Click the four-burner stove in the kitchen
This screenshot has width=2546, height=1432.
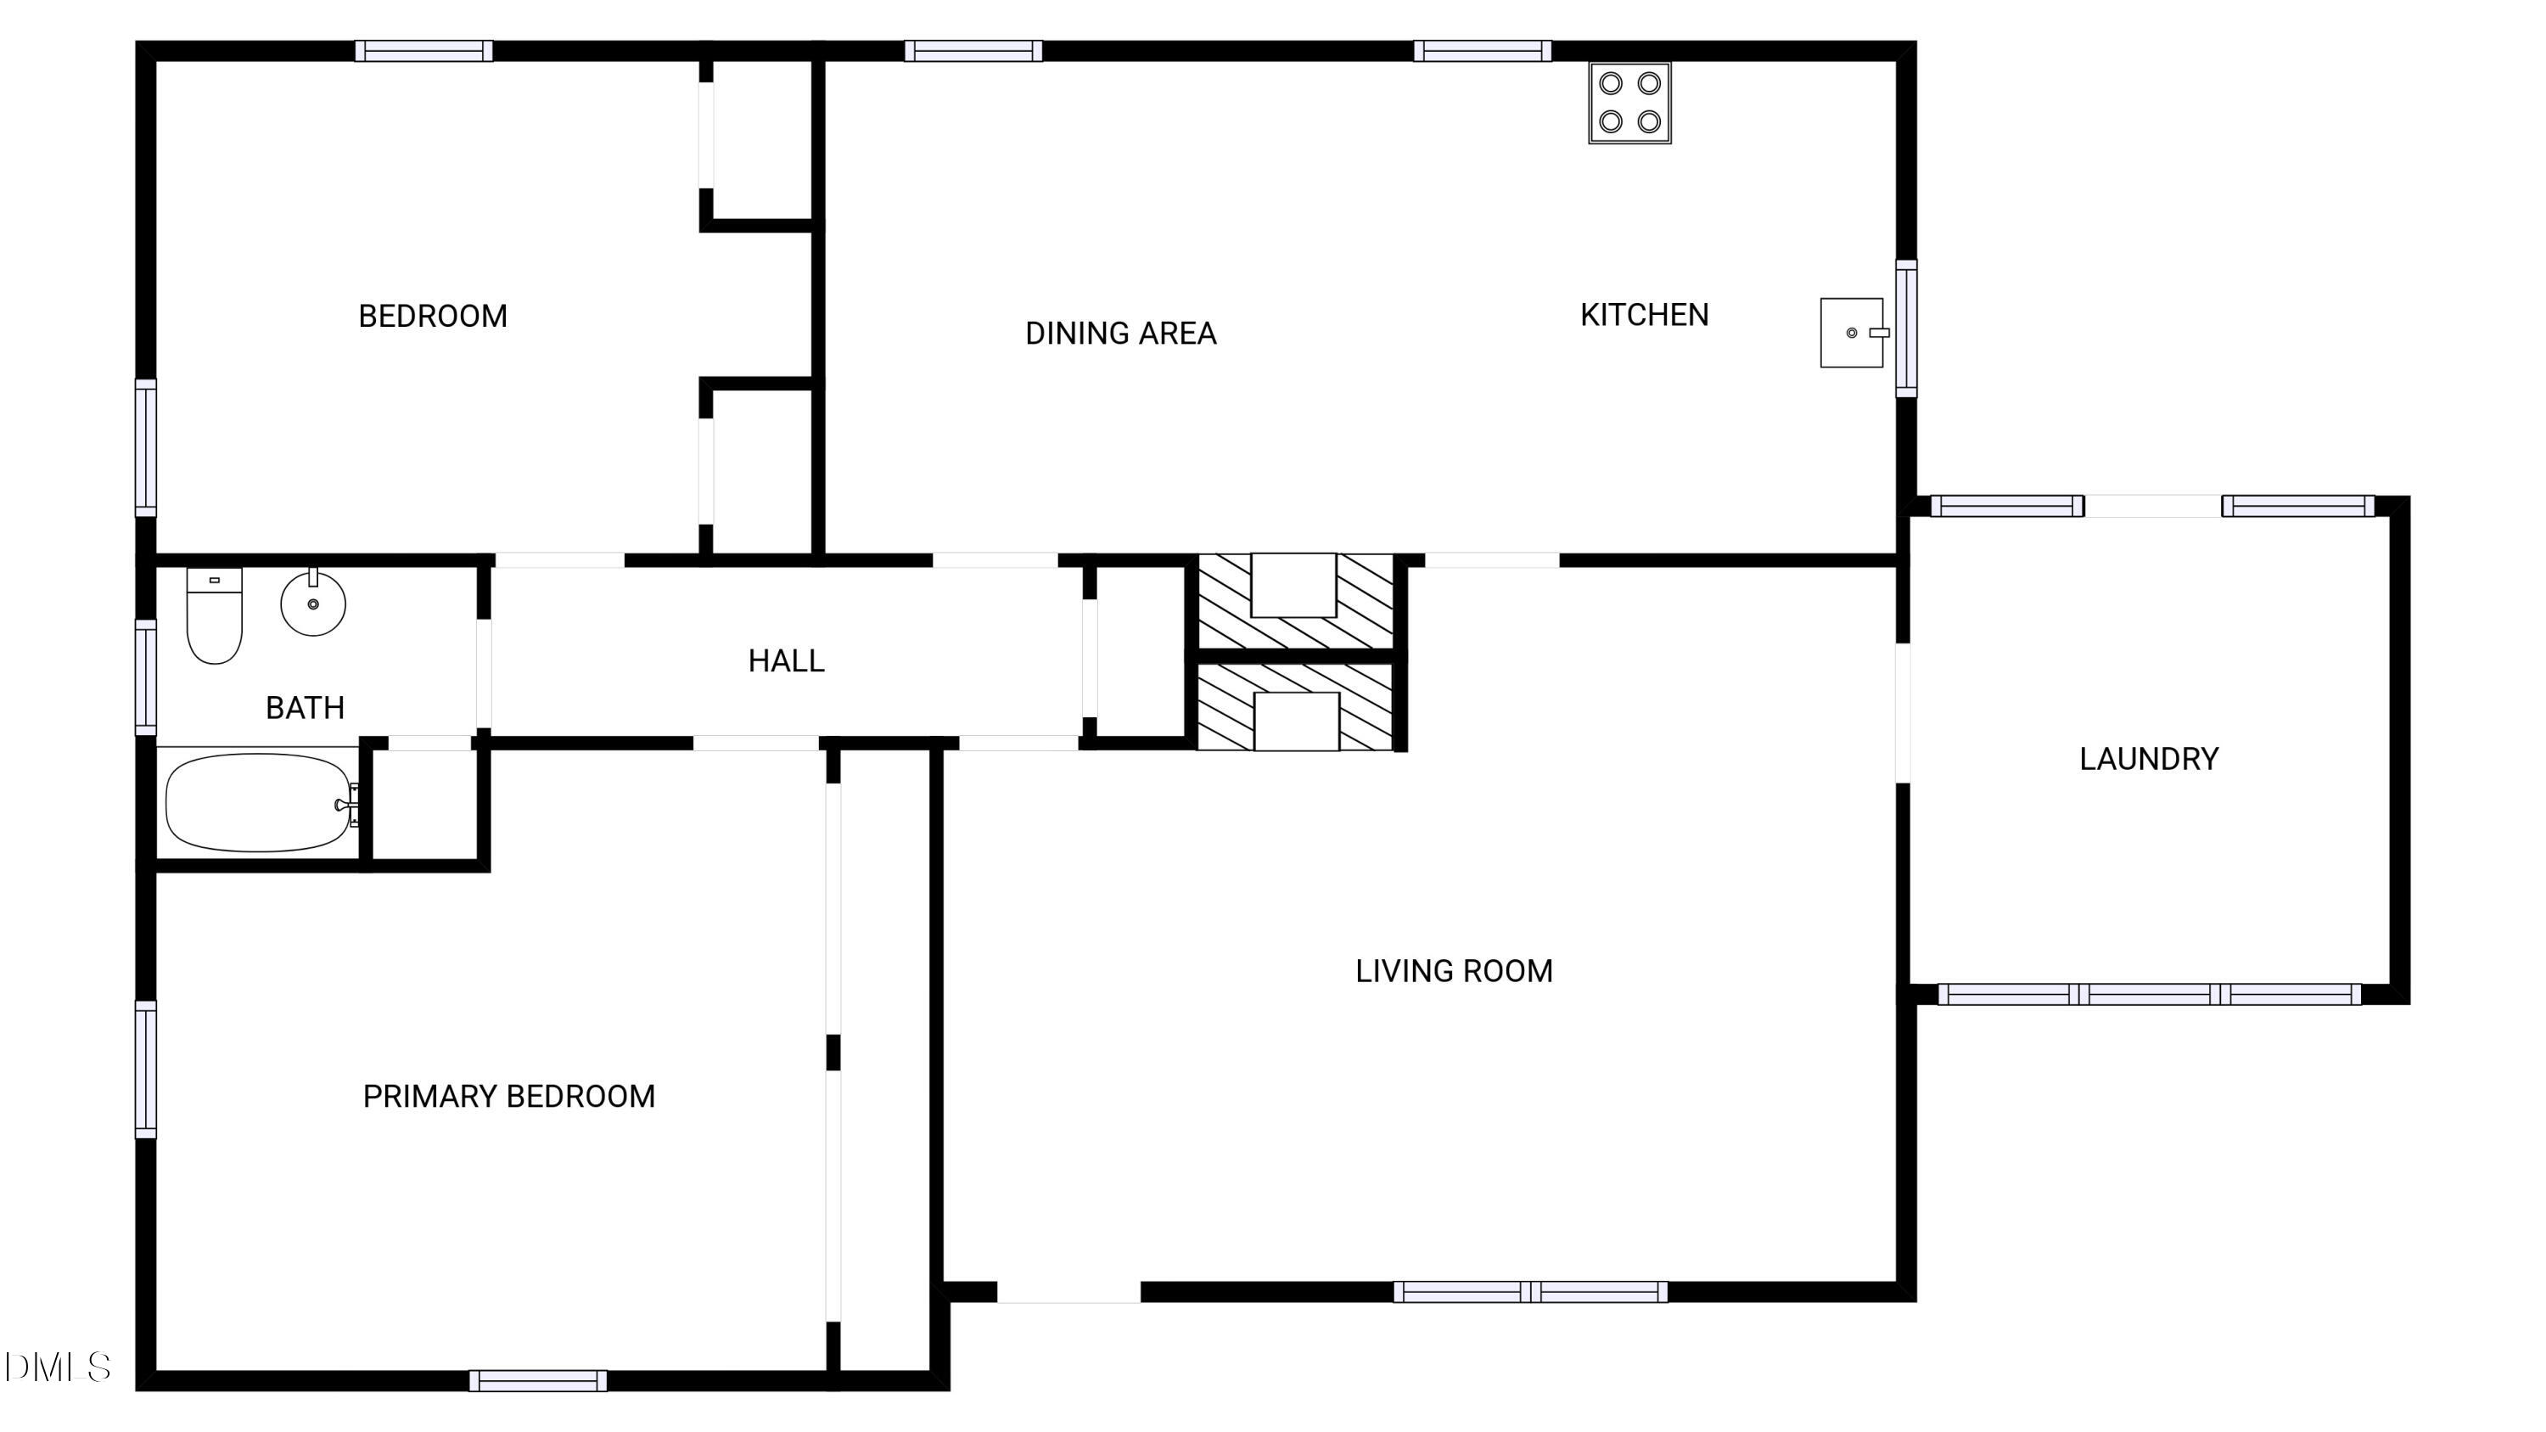pos(1629,103)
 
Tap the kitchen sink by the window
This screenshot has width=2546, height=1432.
pos(1851,333)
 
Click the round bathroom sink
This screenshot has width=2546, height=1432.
pos(313,603)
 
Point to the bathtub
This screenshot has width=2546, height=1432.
pos(259,802)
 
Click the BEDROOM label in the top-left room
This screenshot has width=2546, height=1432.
pos(433,317)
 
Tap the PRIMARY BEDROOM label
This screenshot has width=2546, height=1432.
pos(509,1096)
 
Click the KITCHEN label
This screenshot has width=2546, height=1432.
pos(1644,315)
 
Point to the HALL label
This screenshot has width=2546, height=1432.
pos(786,661)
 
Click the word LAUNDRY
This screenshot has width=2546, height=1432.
pos(2149,759)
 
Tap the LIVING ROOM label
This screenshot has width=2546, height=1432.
pos(1454,971)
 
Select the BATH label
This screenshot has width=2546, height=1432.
pos(305,708)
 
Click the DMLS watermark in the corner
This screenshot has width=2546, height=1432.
pos(58,1367)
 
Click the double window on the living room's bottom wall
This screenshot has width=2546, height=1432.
pos(1530,1292)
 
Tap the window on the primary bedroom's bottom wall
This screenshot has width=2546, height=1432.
pos(538,1380)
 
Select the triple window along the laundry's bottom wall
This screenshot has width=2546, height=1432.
pos(2149,994)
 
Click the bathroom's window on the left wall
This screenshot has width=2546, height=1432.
pos(145,677)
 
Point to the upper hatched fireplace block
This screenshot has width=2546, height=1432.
pos(1295,600)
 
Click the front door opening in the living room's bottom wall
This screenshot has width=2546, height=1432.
pos(1068,1292)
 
